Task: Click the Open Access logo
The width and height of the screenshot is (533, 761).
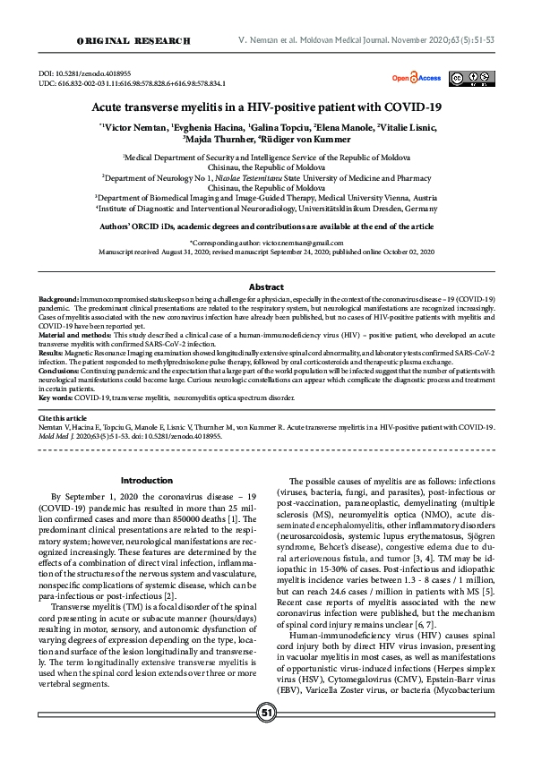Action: (x=416, y=78)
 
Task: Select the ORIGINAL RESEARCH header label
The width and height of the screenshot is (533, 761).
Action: (x=134, y=41)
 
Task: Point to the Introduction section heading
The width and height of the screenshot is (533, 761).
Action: (x=146, y=480)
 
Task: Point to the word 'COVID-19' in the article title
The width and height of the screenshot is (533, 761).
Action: (x=415, y=106)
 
